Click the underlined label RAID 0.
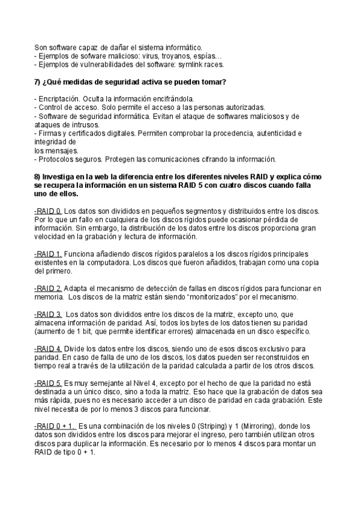point(48,211)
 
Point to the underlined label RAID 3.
point(48,315)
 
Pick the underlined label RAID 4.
point(48,349)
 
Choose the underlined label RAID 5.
point(48,383)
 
